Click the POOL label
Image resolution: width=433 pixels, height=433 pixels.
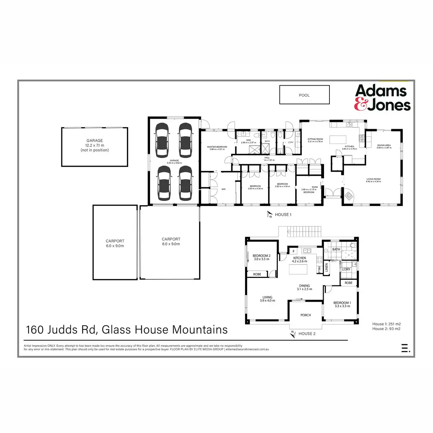[304, 95]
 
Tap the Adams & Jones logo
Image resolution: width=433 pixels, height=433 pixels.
[382, 97]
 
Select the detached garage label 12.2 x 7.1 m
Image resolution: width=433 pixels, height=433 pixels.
[95, 145]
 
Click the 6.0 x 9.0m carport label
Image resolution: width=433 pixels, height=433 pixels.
[115, 244]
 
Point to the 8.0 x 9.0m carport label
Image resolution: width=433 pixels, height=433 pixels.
[171, 242]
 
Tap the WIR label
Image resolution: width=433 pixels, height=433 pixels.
[223, 189]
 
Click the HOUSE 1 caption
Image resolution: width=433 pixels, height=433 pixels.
[283, 215]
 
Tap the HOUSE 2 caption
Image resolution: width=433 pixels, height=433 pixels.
[307, 334]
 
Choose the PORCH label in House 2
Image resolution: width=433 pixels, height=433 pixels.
[306, 315]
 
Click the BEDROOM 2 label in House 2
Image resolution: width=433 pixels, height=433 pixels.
[261, 257]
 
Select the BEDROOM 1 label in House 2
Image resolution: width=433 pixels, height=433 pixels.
[342, 305]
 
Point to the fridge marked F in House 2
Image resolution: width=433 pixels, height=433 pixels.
[294, 251]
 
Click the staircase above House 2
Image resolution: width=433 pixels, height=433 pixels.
[304, 231]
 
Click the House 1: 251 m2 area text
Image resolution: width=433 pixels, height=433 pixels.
[386, 324]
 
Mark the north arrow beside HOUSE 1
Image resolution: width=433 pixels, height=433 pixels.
[270, 215]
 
